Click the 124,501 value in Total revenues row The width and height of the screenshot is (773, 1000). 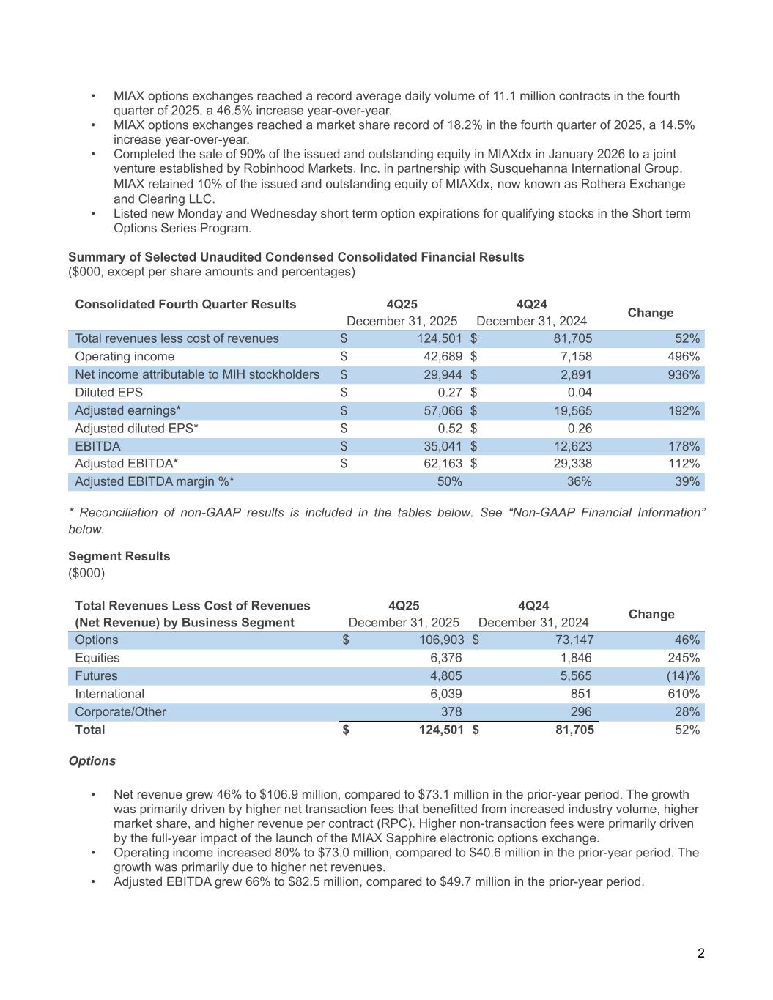coord(440,338)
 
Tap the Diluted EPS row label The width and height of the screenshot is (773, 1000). coord(109,393)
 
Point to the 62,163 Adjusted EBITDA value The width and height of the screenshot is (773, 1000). coord(440,464)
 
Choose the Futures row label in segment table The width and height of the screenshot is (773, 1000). coord(96,676)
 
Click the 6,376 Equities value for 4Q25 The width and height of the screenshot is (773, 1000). coord(445,658)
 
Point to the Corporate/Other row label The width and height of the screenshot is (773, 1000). coord(121,712)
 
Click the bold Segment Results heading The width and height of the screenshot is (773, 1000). coord(119,556)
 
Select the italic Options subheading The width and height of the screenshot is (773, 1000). coord(92,761)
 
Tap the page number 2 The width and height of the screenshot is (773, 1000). coord(701,953)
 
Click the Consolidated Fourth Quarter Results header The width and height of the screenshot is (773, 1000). coord(185,305)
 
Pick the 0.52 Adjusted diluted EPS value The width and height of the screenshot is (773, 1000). coord(448,429)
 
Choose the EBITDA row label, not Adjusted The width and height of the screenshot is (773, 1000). coord(97,446)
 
